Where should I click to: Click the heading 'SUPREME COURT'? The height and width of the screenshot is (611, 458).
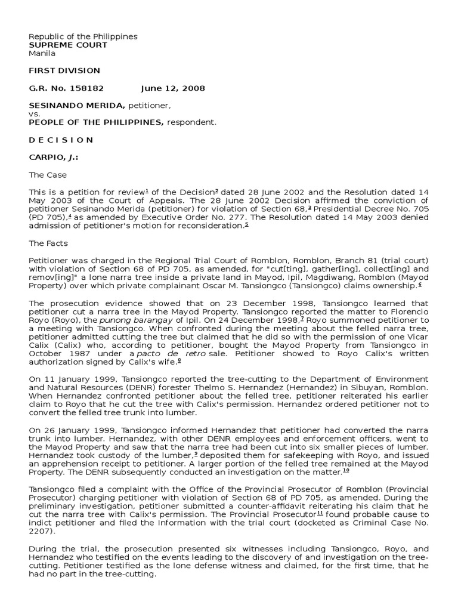tap(69, 45)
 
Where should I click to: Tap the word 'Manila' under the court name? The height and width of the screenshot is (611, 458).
tap(42, 53)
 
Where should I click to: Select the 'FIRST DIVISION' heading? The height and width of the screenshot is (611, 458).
tap(65, 70)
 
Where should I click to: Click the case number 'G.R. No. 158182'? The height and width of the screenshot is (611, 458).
tap(67, 88)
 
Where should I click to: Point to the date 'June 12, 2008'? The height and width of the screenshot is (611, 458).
tap(173, 88)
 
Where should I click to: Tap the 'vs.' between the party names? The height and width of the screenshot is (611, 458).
tap(35, 113)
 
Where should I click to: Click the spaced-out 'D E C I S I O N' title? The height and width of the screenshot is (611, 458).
tap(61, 140)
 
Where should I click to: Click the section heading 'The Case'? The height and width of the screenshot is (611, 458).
tap(48, 175)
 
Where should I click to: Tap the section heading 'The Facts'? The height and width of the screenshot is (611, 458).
tap(49, 243)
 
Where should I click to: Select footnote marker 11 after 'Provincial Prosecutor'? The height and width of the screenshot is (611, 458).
tap(320, 513)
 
